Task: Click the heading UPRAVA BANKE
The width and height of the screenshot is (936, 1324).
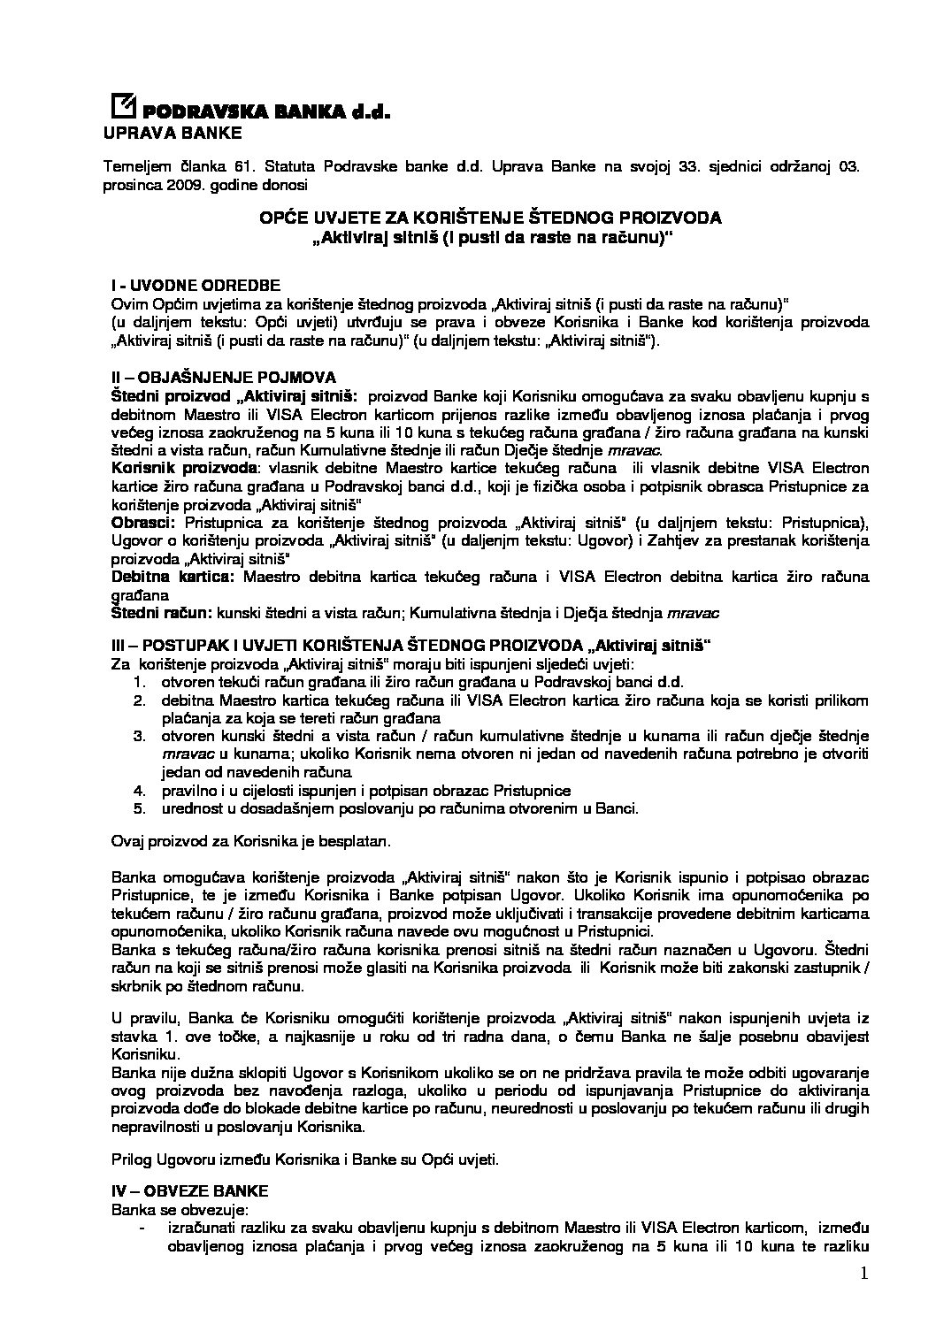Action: point(172,134)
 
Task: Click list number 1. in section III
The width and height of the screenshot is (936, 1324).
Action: point(139,682)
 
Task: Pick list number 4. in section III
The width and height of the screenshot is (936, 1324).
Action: point(139,790)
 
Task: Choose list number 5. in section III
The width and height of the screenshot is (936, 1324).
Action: point(139,807)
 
